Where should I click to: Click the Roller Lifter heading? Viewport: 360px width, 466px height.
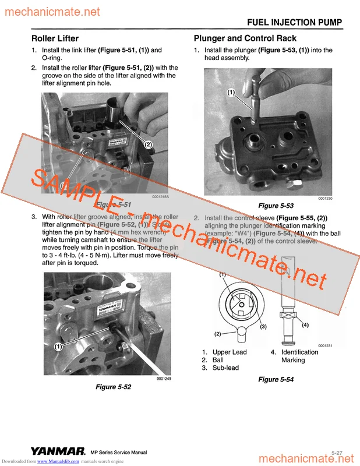click(x=55, y=38)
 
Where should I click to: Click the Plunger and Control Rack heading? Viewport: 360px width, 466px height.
click(x=245, y=38)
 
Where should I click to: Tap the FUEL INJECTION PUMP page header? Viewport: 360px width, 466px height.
click(x=295, y=23)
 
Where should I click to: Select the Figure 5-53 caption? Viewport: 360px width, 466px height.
click(x=276, y=206)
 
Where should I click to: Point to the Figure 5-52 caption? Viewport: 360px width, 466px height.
click(x=113, y=386)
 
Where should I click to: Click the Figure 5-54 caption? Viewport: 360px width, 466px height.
click(x=276, y=379)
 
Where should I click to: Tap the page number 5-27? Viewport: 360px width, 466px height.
click(x=337, y=452)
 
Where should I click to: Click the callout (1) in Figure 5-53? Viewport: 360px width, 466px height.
click(x=231, y=92)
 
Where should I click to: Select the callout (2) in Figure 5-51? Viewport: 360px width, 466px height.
click(x=148, y=144)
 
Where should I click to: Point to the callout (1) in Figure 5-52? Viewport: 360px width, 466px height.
click(x=58, y=347)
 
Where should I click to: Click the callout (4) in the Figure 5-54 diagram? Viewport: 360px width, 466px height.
click(x=305, y=324)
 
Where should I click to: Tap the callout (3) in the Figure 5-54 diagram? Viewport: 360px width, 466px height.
click(x=263, y=327)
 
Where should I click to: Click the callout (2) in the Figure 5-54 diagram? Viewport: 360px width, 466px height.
click(x=218, y=334)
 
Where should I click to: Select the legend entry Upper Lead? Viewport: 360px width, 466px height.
click(x=230, y=352)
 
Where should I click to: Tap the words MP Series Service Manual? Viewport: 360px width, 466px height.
click(x=118, y=453)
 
